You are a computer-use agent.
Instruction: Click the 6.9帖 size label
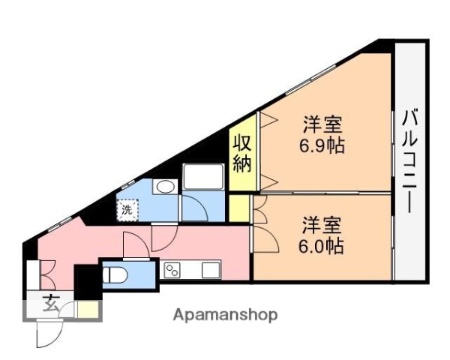pos(324,145)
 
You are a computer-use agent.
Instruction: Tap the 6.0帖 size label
pos(324,246)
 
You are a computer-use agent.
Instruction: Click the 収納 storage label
pos(241,154)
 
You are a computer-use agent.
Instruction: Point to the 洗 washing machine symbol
pos(127,210)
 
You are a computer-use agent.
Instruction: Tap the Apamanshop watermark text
pos(225,315)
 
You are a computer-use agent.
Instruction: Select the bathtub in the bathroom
pos(203,178)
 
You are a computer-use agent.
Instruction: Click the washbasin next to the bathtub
pos(164,187)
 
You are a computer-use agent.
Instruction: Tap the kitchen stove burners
pos(173,270)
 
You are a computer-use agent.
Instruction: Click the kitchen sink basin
pos(209,269)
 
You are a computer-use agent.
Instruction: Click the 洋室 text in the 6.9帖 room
pos(324,122)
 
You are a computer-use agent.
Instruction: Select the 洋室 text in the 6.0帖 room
pos(324,223)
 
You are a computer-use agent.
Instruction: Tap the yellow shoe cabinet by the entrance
pos(88,308)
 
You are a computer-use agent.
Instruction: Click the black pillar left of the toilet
pos(86,280)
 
